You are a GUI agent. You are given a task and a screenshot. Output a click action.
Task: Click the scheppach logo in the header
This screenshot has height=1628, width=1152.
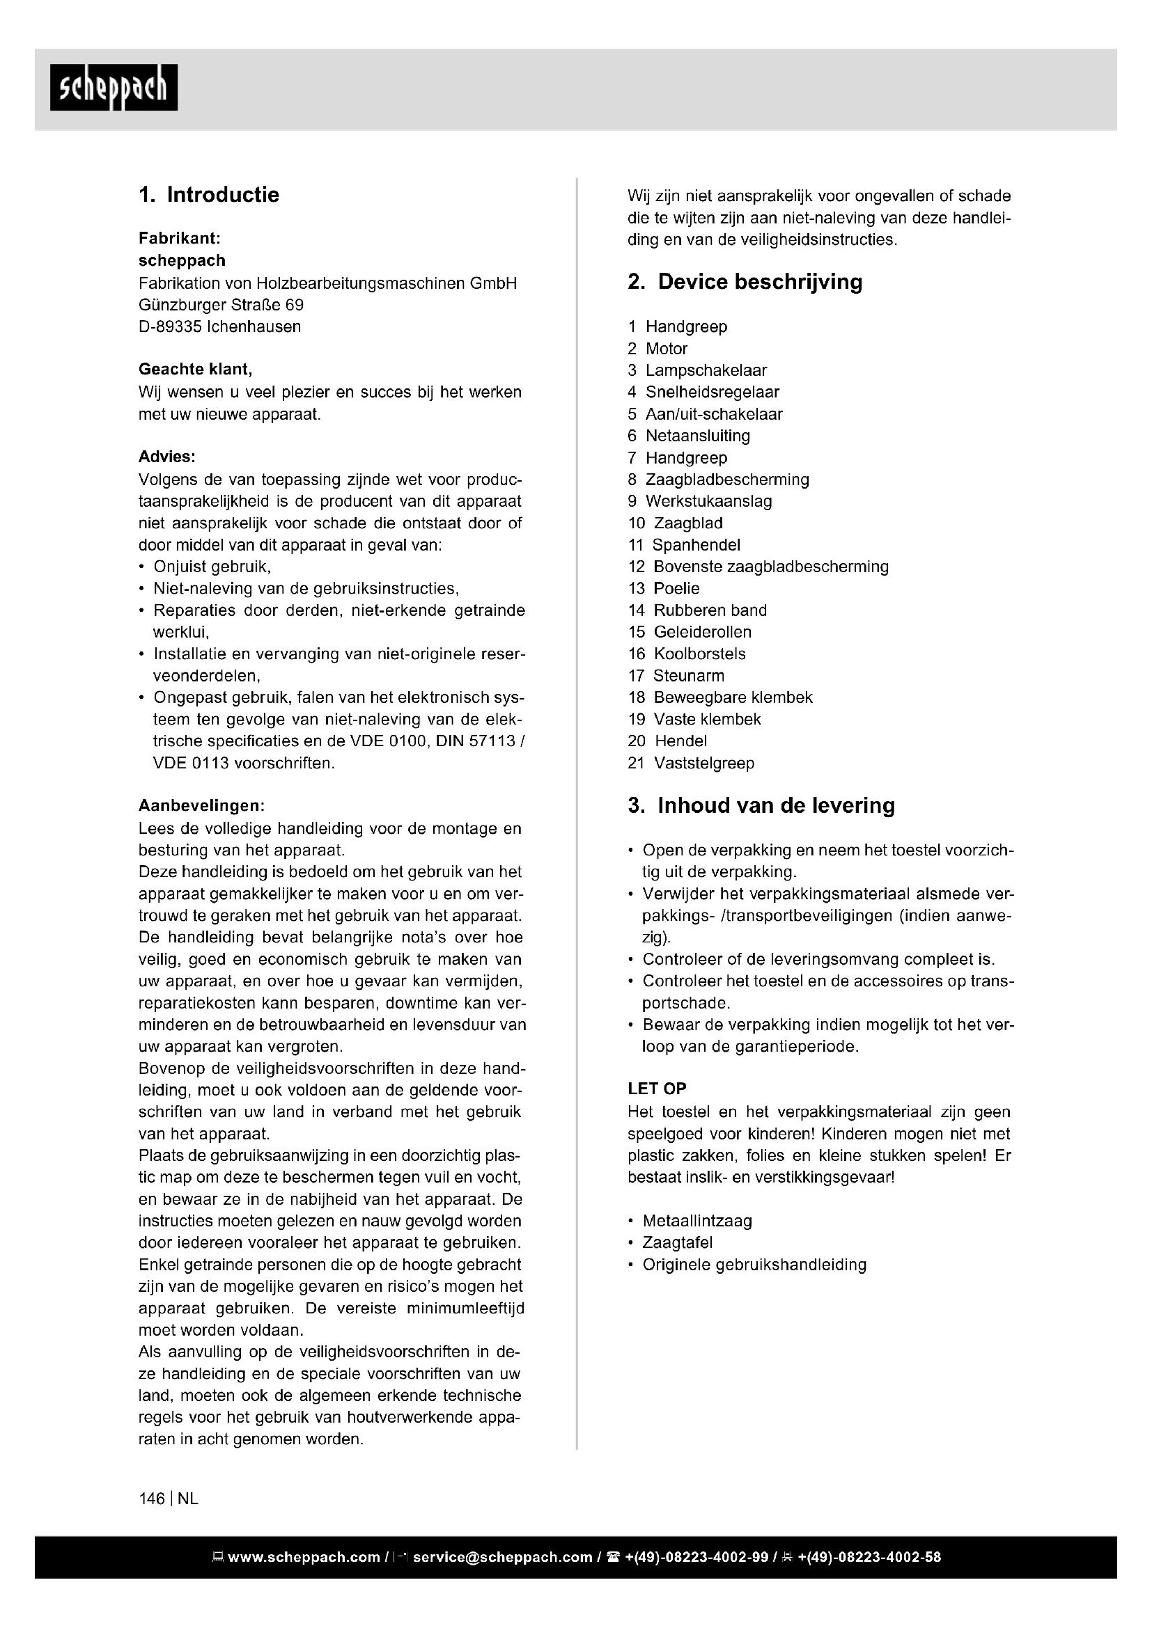(114, 87)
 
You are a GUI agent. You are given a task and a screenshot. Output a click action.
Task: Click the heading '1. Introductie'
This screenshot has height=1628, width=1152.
(209, 195)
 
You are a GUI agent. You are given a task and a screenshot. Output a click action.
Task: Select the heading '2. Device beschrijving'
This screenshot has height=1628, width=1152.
(745, 282)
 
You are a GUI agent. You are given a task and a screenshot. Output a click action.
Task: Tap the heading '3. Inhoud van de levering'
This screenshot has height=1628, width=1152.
(761, 805)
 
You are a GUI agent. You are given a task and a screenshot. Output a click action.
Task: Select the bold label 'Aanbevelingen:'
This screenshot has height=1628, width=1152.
(201, 806)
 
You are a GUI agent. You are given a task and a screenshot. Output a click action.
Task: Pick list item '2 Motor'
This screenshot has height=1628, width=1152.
(657, 349)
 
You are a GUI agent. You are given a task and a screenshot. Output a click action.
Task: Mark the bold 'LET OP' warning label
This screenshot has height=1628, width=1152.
(657, 1089)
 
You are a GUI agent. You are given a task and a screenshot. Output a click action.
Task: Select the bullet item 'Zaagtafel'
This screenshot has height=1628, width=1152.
(678, 1243)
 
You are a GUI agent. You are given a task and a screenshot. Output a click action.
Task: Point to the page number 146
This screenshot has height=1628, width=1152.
(152, 1499)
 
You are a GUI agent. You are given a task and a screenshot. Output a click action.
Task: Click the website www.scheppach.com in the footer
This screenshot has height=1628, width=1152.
(304, 1558)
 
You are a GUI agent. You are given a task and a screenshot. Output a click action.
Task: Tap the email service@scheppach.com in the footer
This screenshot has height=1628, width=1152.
(502, 1558)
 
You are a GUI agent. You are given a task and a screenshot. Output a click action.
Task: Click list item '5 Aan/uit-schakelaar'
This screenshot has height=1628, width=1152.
(705, 414)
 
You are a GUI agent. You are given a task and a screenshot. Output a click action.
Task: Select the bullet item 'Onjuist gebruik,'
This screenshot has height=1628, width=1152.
(212, 567)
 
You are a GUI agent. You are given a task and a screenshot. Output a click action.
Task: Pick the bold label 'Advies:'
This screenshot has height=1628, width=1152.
(166, 457)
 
